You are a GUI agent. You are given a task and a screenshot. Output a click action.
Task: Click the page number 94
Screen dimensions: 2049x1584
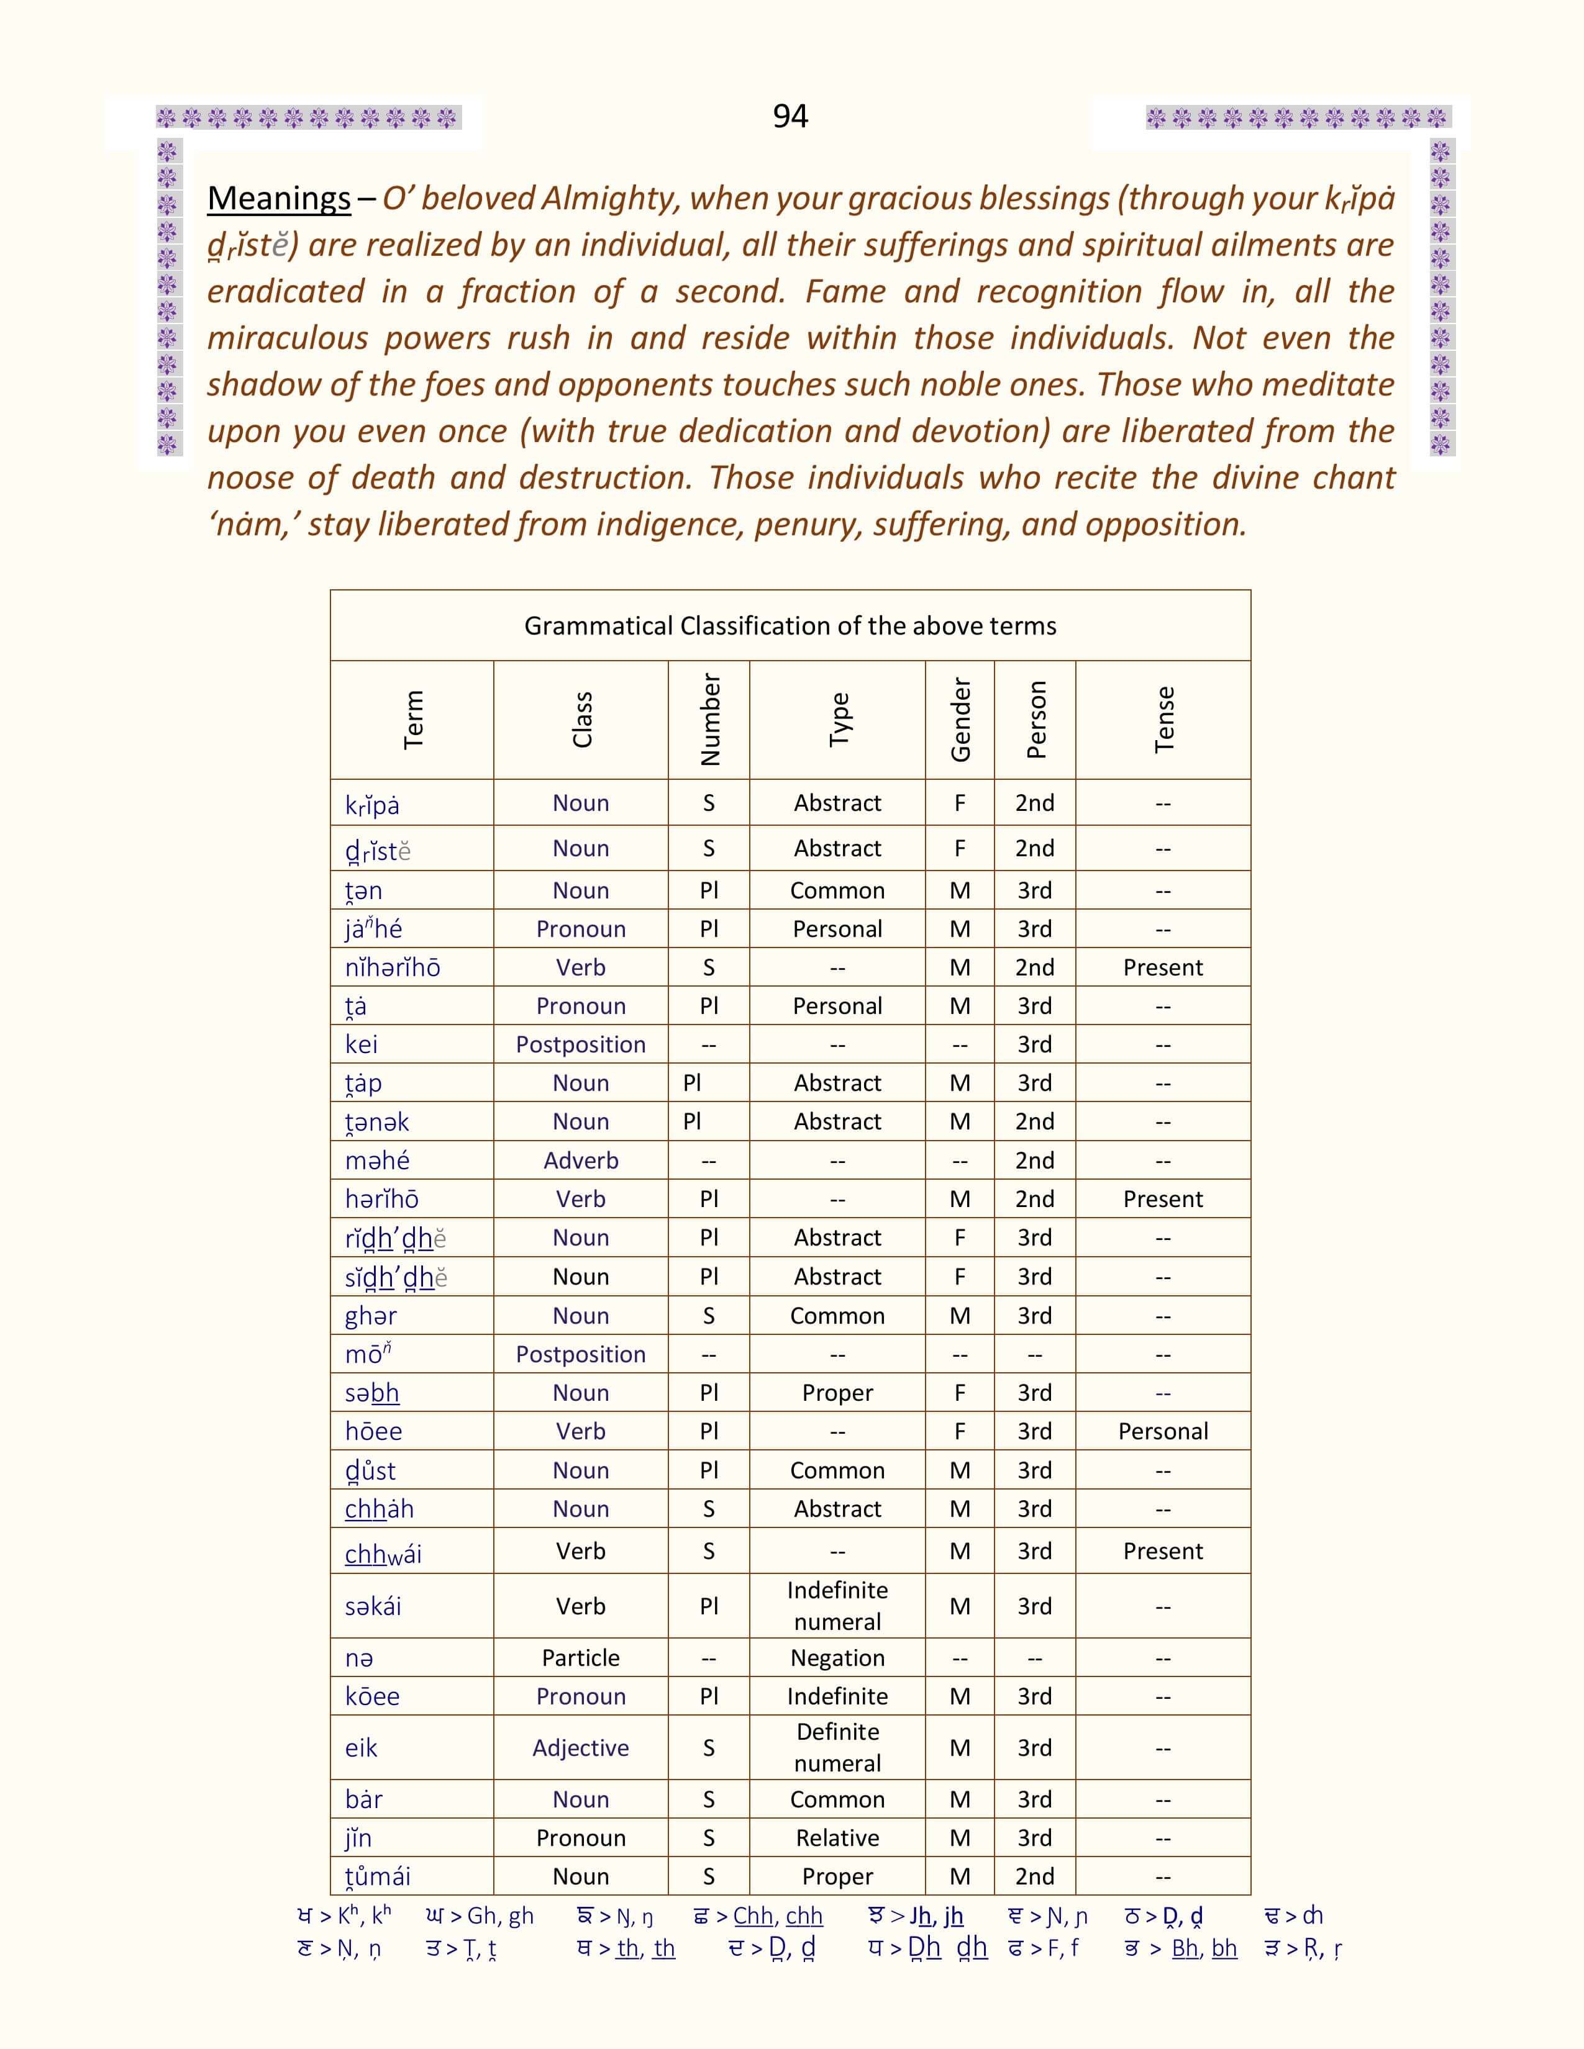(x=790, y=115)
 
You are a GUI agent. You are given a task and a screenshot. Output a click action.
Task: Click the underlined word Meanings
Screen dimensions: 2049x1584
(x=279, y=198)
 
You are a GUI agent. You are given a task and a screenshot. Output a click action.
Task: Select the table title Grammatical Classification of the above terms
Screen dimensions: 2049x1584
(x=790, y=626)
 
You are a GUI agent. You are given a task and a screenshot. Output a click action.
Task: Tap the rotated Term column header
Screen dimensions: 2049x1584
(x=413, y=720)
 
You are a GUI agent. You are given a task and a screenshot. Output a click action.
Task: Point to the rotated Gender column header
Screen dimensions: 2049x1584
(x=960, y=720)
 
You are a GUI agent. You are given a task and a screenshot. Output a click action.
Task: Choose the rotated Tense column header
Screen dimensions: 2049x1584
(x=1163, y=720)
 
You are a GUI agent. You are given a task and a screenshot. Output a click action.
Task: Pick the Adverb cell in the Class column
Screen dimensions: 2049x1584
(x=581, y=1160)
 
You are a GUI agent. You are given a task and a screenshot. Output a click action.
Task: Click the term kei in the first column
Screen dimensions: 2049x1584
(x=362, y=1044)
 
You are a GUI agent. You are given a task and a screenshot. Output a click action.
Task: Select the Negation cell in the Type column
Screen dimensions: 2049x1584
(x=837, y=1658)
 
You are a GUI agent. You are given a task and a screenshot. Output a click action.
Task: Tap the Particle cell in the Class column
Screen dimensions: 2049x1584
(x=581, y=1658)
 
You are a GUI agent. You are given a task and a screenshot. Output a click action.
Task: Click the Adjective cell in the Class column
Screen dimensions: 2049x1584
(x=581, y=1748)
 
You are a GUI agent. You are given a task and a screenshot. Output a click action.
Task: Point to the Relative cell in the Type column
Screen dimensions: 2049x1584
(x=837, y=1838)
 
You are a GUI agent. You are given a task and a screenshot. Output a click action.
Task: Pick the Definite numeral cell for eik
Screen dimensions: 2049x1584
(x=837, y=1748)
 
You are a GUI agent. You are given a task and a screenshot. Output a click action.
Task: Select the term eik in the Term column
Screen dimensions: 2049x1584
(x=362, y=1748)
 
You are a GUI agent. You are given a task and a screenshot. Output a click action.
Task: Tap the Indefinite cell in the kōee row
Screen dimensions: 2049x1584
(x=837, y=1696)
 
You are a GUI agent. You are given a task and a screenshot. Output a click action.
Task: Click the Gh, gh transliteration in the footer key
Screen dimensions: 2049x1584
(x=500, y=1916)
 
